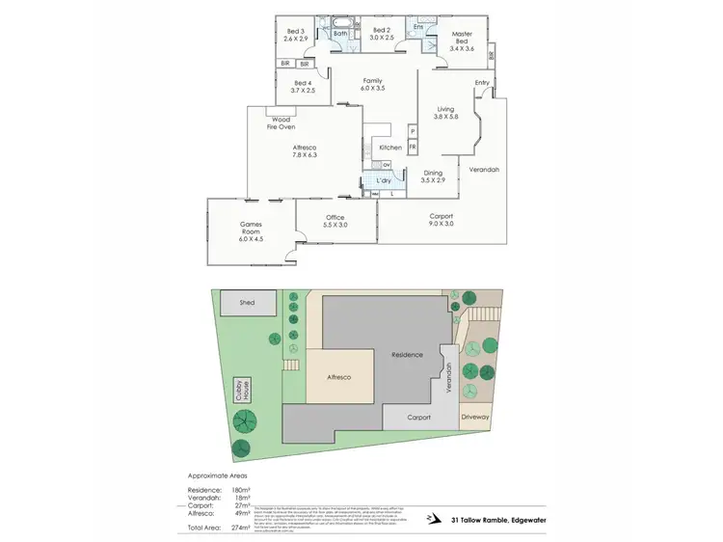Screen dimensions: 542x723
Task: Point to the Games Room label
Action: point(251,229)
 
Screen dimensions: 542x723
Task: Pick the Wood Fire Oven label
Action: point(281,122)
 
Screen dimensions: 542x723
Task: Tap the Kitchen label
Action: point(390,147)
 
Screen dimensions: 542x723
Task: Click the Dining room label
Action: point(433,173)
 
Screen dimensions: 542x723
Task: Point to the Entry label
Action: point(482,82)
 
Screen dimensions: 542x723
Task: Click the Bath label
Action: point(340,35)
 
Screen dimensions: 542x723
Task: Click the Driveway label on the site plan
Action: point(475,418)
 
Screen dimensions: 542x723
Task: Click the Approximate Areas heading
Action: point(217,475)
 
